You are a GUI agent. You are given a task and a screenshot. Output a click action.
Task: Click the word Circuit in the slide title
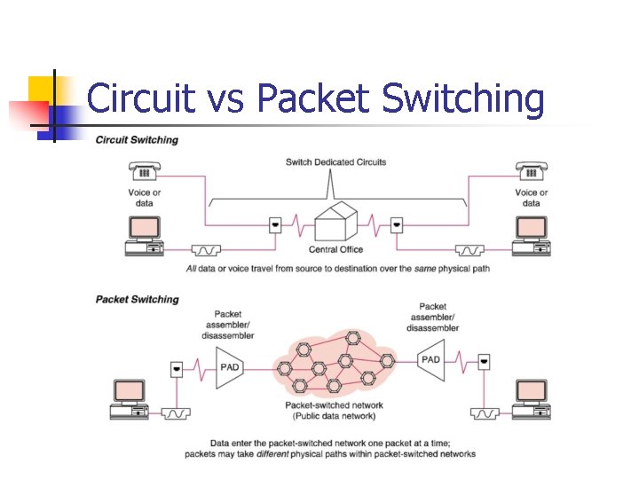140,98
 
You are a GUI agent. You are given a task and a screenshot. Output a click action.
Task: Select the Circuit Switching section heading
137,140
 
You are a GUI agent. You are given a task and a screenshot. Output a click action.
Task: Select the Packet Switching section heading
137,300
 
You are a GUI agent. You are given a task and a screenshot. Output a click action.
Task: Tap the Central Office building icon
335,221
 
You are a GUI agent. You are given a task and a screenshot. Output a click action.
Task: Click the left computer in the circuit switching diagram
144,236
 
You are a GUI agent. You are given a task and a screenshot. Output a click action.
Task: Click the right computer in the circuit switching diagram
531,236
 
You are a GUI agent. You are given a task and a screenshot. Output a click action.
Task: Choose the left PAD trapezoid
230,366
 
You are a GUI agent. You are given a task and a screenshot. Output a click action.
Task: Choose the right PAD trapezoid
430,359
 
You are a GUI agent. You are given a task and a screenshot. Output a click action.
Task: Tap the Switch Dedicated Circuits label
335,162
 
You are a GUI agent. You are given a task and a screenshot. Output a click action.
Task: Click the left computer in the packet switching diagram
132,398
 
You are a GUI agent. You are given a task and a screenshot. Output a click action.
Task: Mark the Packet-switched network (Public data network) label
330,410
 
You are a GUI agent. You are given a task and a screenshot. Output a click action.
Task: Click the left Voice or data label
145,198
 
